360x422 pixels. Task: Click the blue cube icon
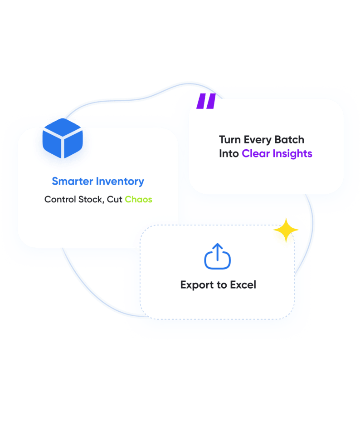[x=63, y=137]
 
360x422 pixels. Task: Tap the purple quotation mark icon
[x=206, y=101]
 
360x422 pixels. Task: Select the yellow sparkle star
[x=286, y=231]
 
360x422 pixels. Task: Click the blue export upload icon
[x=218, y=257]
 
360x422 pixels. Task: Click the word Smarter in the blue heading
[x=73, y=182]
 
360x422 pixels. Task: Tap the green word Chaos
[x=138, y=199]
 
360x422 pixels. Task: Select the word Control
[x=60, y=199]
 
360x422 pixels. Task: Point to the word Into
[x=229, y=153]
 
